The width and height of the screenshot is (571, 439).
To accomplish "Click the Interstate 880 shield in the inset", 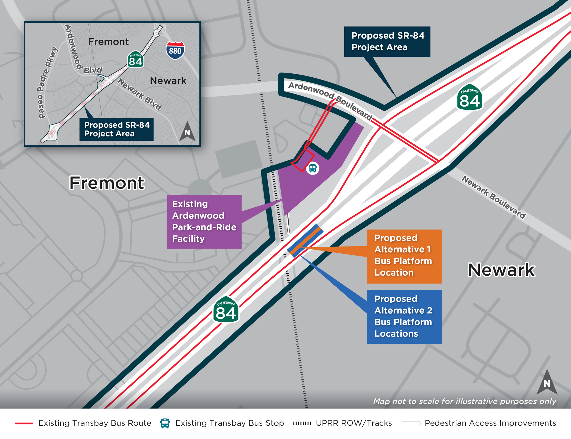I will [x=175, y=50].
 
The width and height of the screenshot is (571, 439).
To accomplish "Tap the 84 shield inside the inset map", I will [x=135, y=60].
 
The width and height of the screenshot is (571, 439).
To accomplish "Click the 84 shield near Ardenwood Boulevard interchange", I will [x=470, y=97].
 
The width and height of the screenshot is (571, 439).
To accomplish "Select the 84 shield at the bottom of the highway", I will [x=226, y=310].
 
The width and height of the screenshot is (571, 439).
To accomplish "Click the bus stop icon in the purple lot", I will [x=313, y=168].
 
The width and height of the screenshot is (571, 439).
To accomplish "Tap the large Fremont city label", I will [x=107, y=183].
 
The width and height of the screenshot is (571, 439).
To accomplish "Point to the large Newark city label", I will [x=501, y=270].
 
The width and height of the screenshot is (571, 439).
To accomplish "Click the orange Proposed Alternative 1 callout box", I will [x=404, y=256].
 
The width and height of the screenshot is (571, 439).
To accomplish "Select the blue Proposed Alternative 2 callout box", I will [x=404, y=316].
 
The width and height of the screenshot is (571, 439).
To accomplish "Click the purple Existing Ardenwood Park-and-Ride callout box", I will [x=204, y=222].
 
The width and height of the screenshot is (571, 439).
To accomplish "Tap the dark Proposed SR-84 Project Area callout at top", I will [x=387, y=42].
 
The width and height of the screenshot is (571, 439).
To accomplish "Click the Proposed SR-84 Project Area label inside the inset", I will [x=116, y=129].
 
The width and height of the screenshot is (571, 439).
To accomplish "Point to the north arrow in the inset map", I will [x=187, y=132].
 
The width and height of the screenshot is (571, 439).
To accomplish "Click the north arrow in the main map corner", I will [x=547, y=382].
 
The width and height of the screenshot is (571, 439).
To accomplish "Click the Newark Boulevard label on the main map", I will [x=494, y=197].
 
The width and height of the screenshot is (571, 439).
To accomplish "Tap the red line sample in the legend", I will [x=24, y=423].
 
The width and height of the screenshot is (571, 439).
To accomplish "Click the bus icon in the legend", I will [x=165, y=423].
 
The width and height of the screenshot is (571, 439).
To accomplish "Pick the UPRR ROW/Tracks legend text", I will [x=354, y=423].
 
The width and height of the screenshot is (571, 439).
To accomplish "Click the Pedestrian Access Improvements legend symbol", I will [x=411, y=423].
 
